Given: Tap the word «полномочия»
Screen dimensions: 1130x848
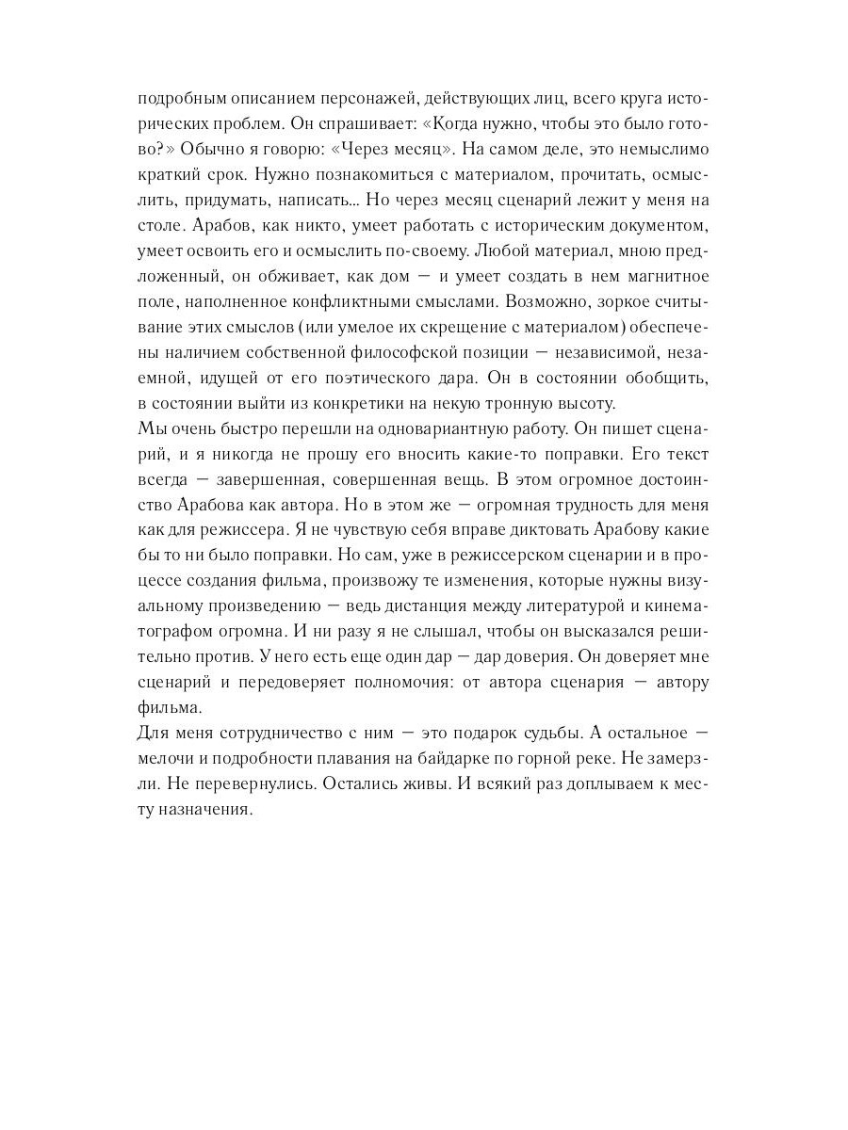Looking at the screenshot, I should coord(392,684).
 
